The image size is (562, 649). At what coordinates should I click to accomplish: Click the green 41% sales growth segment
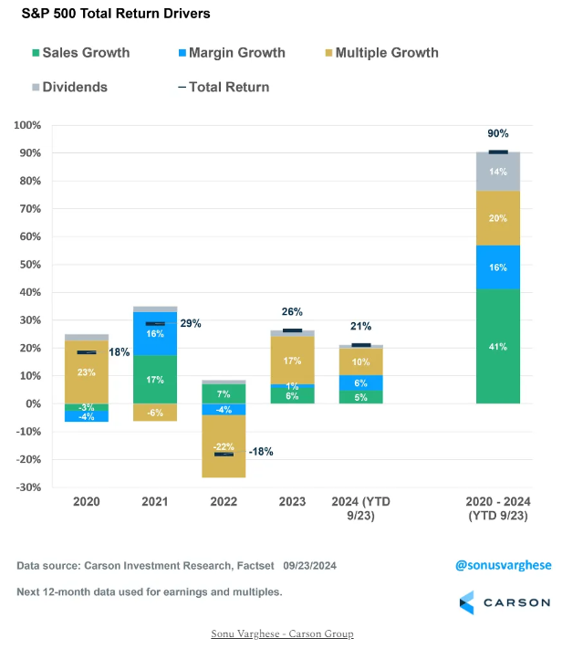click(498, 346)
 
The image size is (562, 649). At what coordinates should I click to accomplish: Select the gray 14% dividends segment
click(498, 172)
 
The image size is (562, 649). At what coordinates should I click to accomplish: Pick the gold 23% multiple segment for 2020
click(87, 372)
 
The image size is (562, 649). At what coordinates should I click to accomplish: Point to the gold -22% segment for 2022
click(224, 445)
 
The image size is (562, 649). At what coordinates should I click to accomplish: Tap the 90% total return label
click(498, 133)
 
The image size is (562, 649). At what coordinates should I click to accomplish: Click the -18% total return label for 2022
click(261, 452)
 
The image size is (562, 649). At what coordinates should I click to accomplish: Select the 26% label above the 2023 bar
click(292, 311)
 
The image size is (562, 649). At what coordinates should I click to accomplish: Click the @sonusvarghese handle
click(502, 566)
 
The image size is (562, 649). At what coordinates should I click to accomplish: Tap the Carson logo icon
click(467, 602)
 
